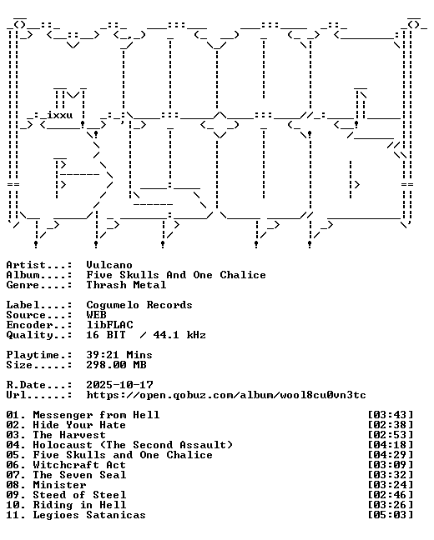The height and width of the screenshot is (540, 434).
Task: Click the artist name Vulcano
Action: coord(109,265)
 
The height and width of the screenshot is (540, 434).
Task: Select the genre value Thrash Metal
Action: coord(126,285)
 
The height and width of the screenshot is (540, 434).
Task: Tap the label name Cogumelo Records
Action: coord(139,305)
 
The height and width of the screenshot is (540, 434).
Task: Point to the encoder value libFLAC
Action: coord(109,325)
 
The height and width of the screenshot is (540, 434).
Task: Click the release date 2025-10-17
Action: coord(119,385)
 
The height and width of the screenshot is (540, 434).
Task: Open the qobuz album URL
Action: coord(226,395)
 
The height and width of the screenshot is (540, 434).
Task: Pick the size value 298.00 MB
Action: coord(116,365)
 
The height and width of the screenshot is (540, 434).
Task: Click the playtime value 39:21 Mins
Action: coord(119,355)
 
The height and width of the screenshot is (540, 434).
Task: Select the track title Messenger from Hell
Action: coord(96,415)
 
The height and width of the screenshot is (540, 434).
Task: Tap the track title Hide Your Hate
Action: coord(79,425)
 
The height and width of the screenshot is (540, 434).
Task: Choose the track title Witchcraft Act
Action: coord(79,465)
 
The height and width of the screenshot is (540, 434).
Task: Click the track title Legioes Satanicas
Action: coord(89,515)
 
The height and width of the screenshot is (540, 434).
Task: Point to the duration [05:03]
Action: coord(391,515)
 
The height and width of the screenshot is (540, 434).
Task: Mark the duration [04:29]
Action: coord(391,455)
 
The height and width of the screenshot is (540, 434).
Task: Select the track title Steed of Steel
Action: coord(79,495)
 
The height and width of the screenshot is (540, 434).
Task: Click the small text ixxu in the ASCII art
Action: coord(60,115)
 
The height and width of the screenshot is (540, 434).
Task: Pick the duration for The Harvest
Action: coord(391,435)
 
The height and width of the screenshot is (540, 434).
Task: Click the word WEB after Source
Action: coord(96,315)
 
